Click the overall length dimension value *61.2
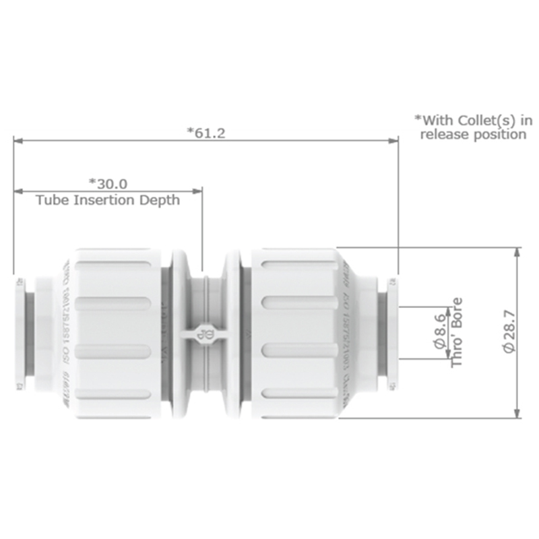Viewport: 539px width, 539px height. (x=205, y=132)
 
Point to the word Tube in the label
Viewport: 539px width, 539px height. (x=49, y=200)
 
